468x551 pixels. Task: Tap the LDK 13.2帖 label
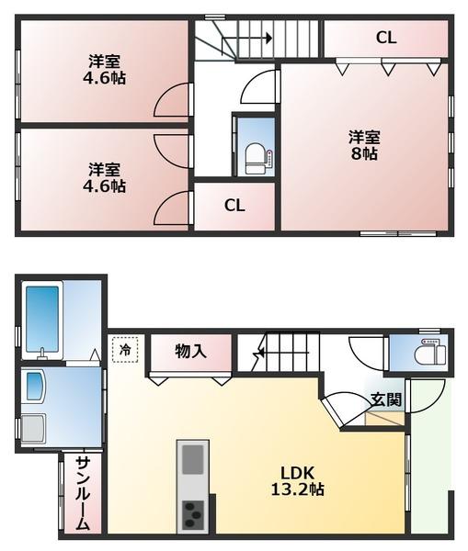pyautogui.click(x=297, y=481)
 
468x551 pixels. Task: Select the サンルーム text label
pyautogui.click(x=82, y=493)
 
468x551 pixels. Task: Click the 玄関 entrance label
pyautogui.click(x=386, y=399)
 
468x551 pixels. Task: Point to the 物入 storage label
pyautogui.click(x=190, y=350)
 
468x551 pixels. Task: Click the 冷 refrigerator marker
pyautogui.click(x=125, y=348)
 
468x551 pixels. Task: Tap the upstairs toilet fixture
pyautogui.click(x=254, y=159)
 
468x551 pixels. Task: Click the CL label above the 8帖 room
pyautogui.click(x=386, y=38)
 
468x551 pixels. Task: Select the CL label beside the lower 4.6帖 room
pyautogui.click(x=234, y=206)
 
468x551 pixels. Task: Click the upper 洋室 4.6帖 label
pyautogui.click(x=107, y=70)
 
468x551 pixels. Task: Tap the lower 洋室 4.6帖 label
pyautogui.click(x=107, y=177)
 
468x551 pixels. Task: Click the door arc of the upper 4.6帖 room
pyautogui.click(x=172, y=102)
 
